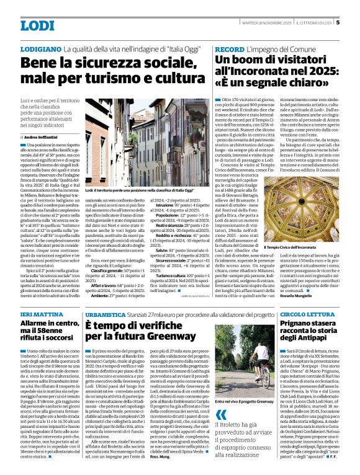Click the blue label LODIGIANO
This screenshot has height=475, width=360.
click(x=40, y=48)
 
